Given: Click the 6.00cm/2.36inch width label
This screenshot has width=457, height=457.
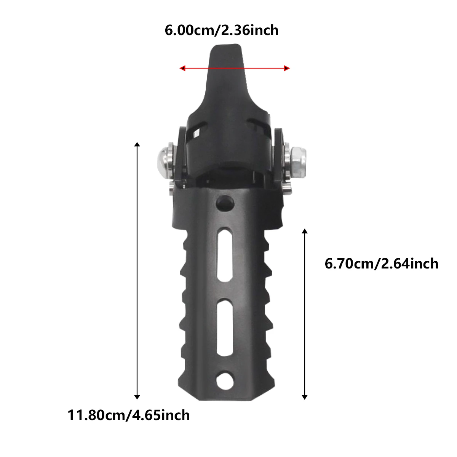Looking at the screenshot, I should [221, 30].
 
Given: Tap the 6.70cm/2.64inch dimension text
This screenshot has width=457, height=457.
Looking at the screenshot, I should [381, 264].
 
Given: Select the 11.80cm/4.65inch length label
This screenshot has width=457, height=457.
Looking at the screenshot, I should [129, 415].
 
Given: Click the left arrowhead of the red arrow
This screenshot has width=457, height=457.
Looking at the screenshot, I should [182, 69].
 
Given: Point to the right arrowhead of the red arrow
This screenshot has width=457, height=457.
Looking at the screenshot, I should [287, 69].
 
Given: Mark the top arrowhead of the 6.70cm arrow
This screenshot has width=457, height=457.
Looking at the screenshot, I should [304, 231].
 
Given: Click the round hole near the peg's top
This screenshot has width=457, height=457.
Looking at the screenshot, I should [225, 203].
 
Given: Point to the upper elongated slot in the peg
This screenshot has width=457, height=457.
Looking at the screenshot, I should [225, 255].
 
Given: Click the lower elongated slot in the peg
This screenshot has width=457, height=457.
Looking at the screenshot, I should [225, 326].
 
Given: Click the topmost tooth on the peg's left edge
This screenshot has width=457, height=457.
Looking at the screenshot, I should [184, 240].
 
